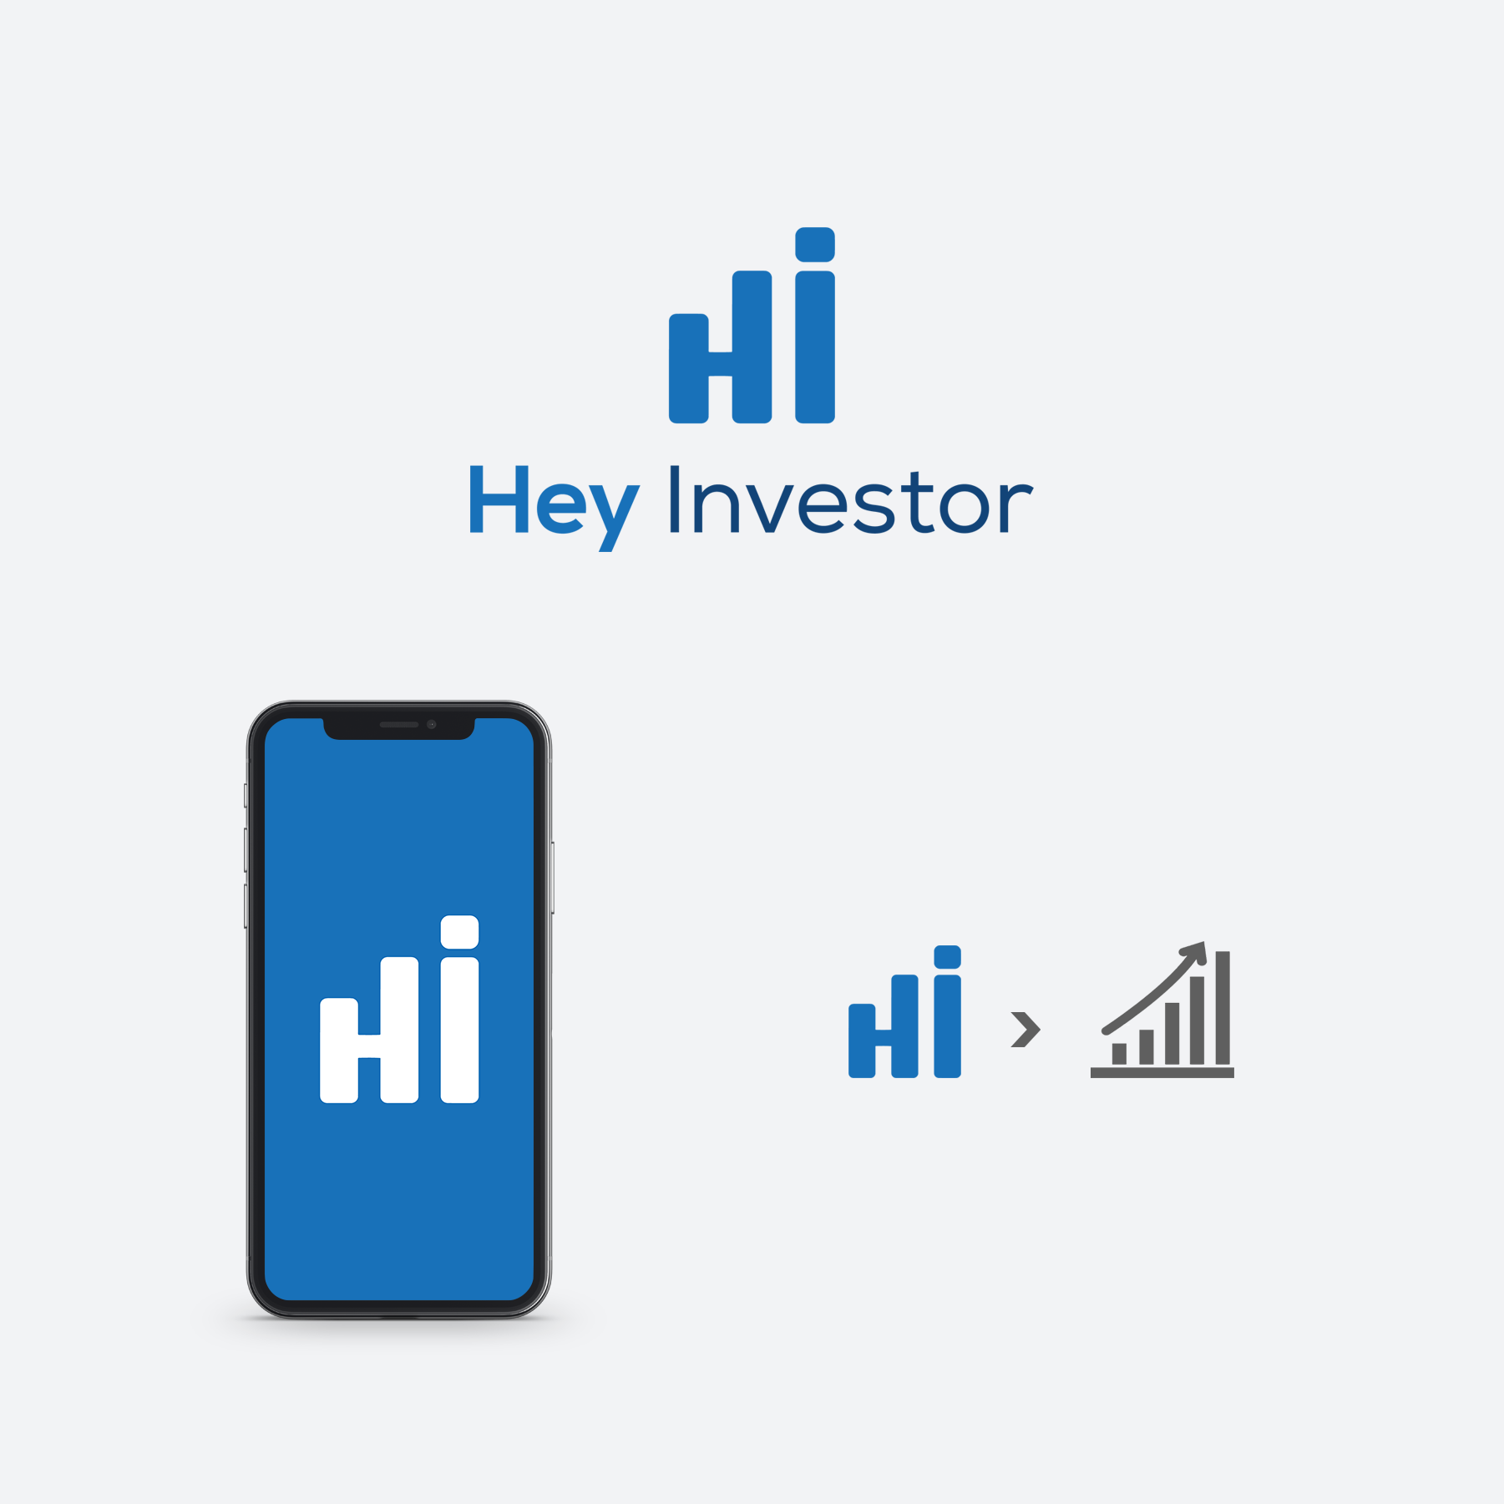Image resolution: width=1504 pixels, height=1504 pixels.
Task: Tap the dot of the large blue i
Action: [815, 244]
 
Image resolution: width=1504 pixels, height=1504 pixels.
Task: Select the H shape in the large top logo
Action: [720, 347]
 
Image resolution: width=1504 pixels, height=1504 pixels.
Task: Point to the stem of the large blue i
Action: [815, 347]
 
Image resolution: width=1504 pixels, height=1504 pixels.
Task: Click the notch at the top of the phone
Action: [399, 727]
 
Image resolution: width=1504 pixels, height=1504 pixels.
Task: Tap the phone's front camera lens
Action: [432, 724]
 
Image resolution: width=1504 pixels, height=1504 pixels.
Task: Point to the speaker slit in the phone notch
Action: [399, 724]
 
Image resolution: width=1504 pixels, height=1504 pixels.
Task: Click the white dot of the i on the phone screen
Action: [459, 932]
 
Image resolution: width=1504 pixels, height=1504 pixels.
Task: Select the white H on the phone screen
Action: [369, 1030]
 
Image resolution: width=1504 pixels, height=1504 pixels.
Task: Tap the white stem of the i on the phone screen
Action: [459, 1030]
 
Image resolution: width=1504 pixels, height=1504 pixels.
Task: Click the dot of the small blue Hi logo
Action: [947, 957]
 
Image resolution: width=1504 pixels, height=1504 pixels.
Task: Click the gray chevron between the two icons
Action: [1025, 1029]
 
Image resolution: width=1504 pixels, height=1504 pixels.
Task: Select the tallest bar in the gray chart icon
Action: [1223, 1007]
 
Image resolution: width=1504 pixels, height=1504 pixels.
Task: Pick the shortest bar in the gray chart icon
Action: [1119, 1053]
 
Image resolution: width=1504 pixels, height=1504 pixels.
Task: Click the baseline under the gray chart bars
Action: [1162, 1073]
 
